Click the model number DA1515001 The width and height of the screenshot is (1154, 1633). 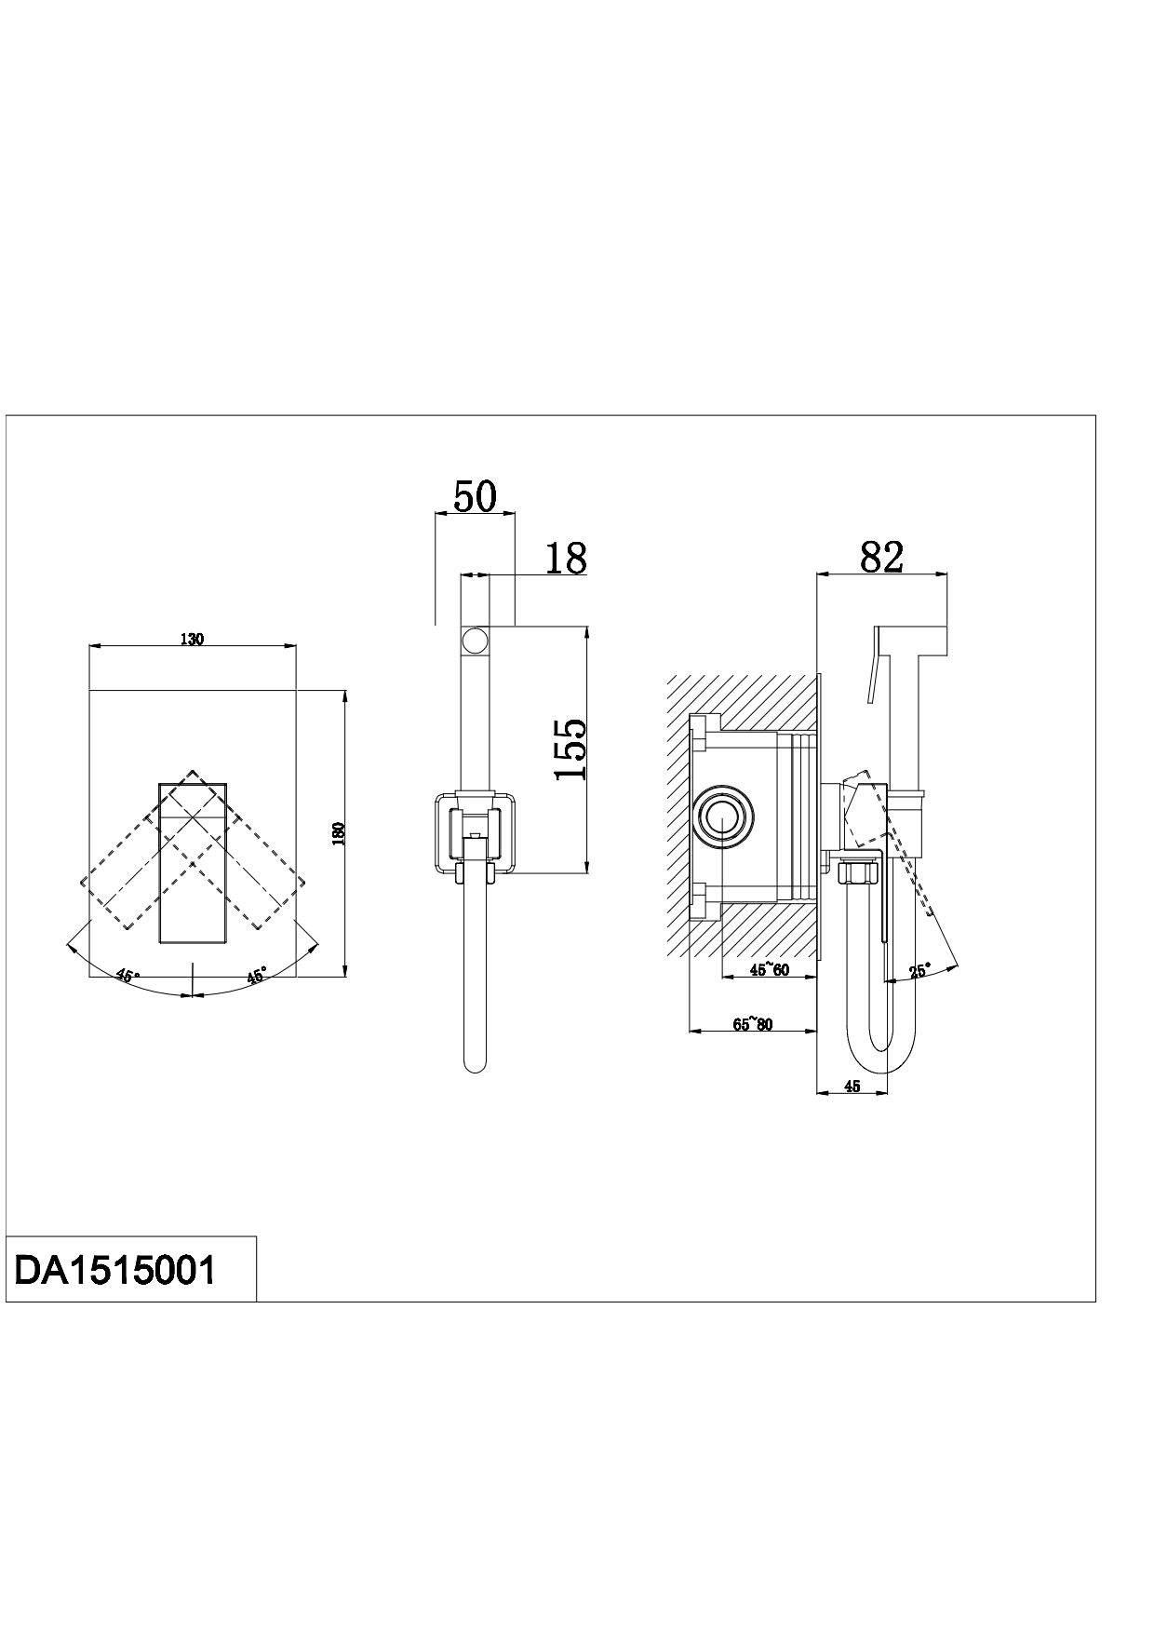pyautogui.click(x=115, y=1269)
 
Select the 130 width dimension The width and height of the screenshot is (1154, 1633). pyautogui.click(x=192, y=639)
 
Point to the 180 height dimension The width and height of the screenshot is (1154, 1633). pyautogui.click(x=339, y=833)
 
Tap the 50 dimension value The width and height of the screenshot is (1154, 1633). pyautogui.click(x=475, y=496)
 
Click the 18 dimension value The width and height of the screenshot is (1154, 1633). pyautogui.click(x=565, y=558)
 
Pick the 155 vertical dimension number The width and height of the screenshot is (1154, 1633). pyautogui.click(x=570, y=749)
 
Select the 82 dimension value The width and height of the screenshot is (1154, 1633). pyautogui.click(x=881, y=557)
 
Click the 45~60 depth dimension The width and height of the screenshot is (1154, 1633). pyautogui.click(x=770, y=971)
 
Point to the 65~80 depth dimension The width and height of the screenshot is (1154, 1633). pyautogui.click(x=753, y=1025)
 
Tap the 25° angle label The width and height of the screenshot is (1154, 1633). pyautogui.click(x=919, y=971)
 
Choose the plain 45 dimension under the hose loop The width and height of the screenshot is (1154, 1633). pyautogui.click(x=852, y=1086)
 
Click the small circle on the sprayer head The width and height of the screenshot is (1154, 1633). pyautogui.click(x=475, y=641)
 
